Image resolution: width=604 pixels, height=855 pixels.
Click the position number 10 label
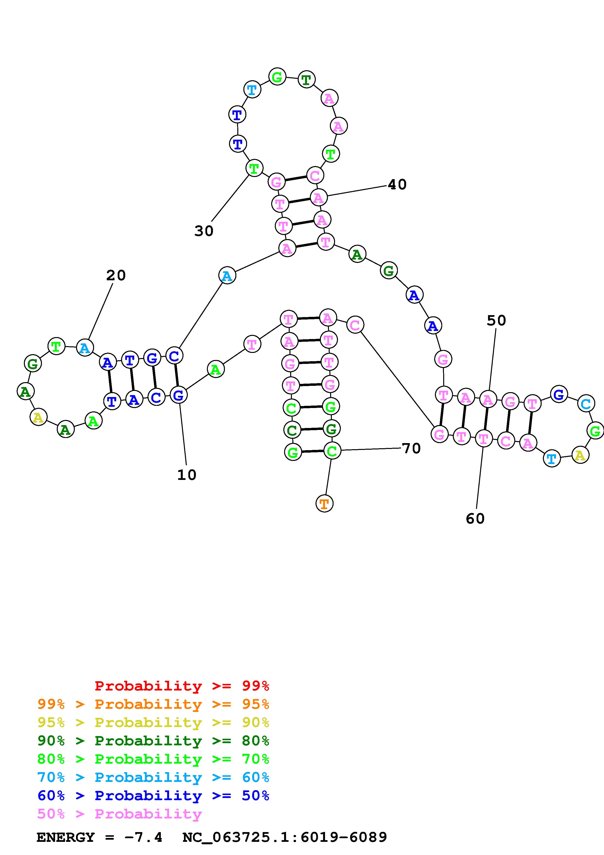(x=186, y=475)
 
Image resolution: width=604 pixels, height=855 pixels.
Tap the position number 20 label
(x=116, y=276)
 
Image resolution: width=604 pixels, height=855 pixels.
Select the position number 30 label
(x=203, y=231)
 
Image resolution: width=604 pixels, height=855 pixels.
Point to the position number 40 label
(x=397, y=184)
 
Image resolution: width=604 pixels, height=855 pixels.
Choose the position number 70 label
(x=411, y=448)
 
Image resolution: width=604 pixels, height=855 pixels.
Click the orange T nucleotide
(x=324, y=504)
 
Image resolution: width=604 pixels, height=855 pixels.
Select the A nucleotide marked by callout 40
(x=318, y=197)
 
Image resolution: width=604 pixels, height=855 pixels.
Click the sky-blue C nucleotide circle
(x=585, y=404)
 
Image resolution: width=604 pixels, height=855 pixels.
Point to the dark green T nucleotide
(x=306, y=79)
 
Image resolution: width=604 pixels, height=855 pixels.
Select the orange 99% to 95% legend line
(x=153, y=704)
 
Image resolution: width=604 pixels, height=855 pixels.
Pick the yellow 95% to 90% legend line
(x=153, y=722)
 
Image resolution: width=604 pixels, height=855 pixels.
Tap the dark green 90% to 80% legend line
(x=153, y=741)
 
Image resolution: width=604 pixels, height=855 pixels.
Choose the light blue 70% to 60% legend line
(x=153, y=777)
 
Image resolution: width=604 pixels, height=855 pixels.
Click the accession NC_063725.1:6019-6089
(x=285, y=837)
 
